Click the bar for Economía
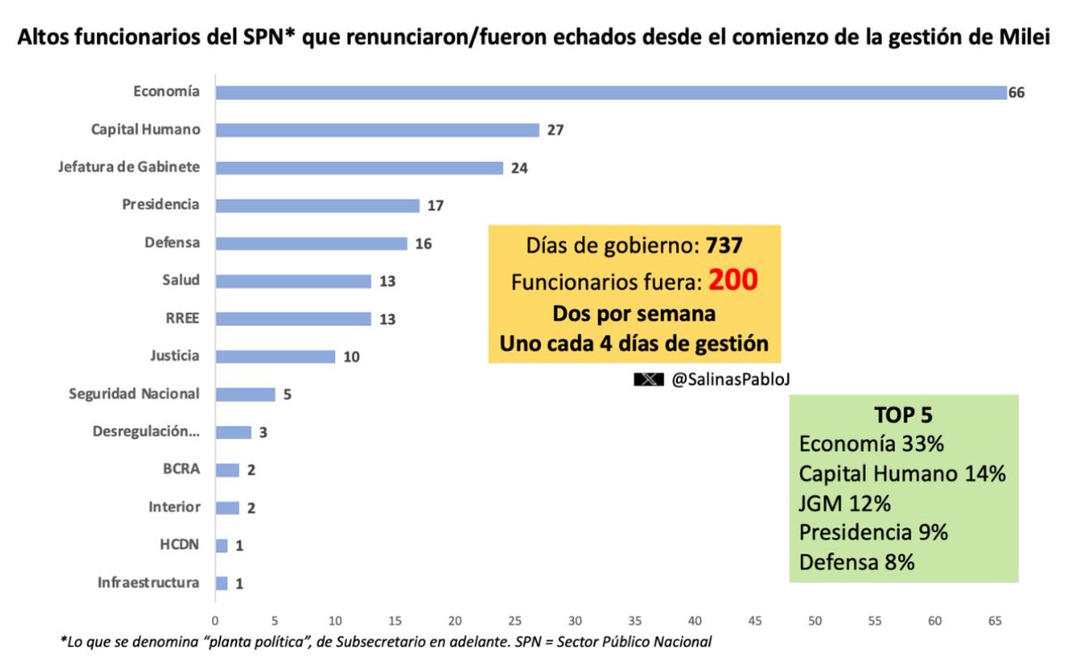pyautogui.click(x=610, y=93)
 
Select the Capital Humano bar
pyautogui.click(x=377, y=130)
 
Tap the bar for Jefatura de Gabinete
pyautogui.click(x=359, y=167)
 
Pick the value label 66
pyautogui.click(x=1016, y=93)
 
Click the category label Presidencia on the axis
pyautogui.click(x=160, y=205)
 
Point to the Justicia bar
pyautogui.click(x=275, y=356)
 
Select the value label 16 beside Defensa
pyautogui.click(x=423, y=243)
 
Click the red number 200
pyautogui.click(x=733, y=281)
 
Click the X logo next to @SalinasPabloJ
pyautogui.click(x=648, y=380)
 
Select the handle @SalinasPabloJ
pyautogui.click(x=731, y=380)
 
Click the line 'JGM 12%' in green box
pyautogui.click(x=845, y=503)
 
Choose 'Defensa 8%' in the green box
pyautogui.click(x=856, y=562)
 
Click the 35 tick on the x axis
pyautogui.click(x=635, y=619)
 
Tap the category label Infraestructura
pyautogui.click(x=149, y=584)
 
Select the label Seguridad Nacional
pyautogui.click(x=135, y=394)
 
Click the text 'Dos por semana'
pyautogui.click(x=635, y=315)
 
